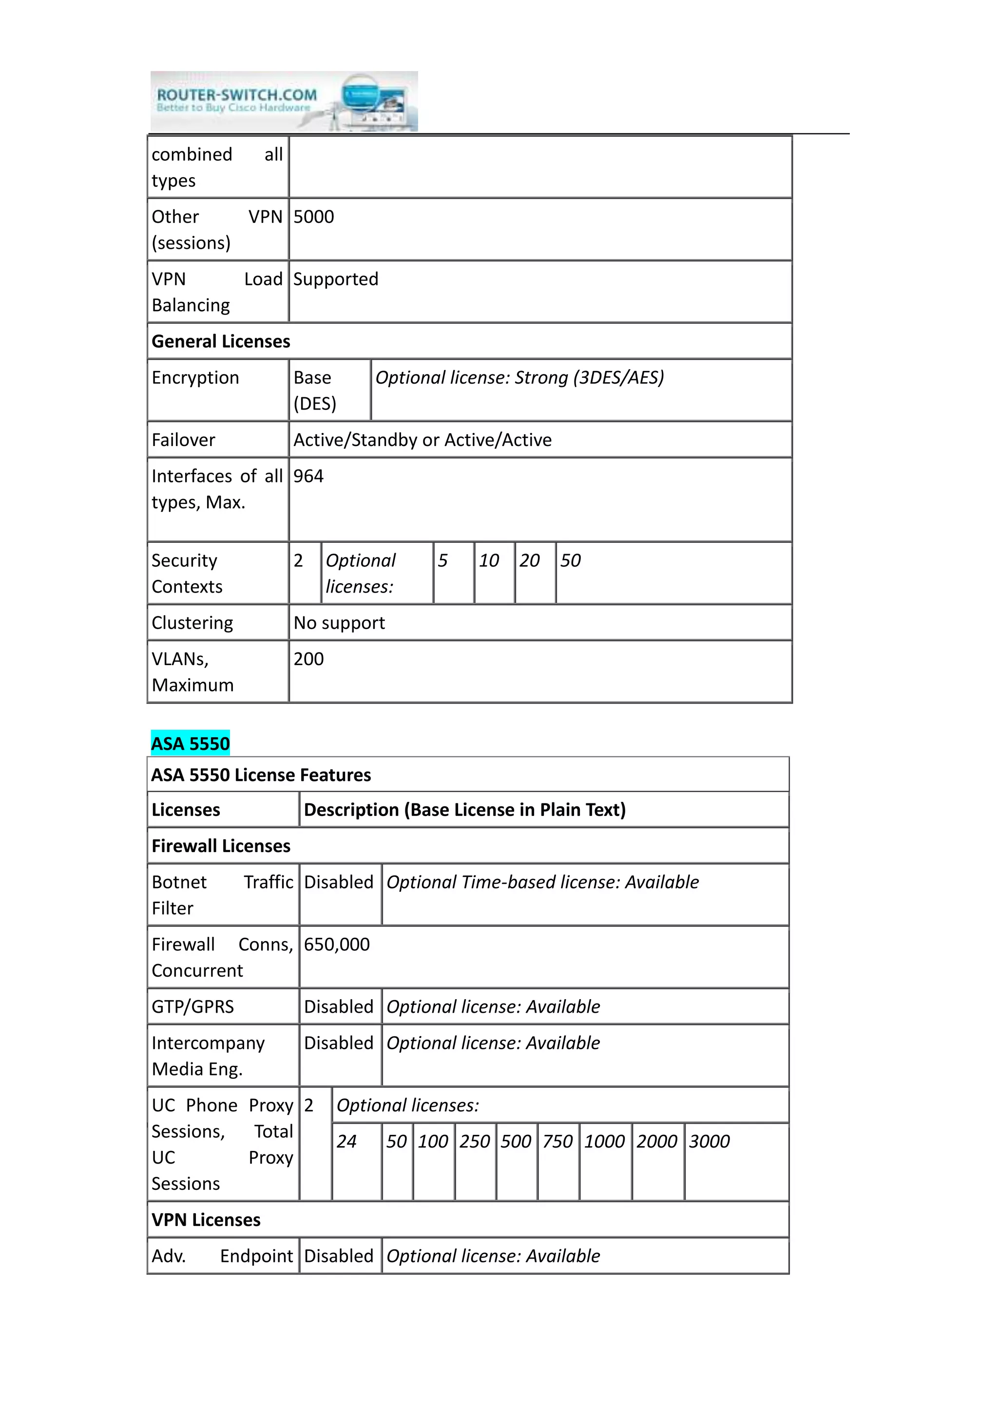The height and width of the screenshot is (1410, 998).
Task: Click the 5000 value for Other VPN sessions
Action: coord(313,217)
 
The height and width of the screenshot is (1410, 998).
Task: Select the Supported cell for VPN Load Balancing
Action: coord(336,279)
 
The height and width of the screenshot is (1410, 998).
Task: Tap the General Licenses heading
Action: coord(221,341)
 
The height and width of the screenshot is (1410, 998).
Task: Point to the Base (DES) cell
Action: coord(315,390)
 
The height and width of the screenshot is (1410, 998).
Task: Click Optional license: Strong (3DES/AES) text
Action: coord(519,378)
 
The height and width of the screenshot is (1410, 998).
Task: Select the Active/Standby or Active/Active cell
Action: coord(422,440)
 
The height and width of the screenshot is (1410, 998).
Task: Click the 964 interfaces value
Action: coord(308,477)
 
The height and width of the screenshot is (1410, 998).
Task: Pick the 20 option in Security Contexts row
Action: coord(529,561)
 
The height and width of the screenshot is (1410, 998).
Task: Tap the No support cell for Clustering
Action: coord(339,623)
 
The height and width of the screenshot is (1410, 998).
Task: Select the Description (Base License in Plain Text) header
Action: coord(464,810)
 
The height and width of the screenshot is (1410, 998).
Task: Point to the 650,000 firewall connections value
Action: coord(337,945)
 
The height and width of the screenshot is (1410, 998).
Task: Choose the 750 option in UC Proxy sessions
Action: coord(557,1142)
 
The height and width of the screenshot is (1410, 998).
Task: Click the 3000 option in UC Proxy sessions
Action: coord(709,1142)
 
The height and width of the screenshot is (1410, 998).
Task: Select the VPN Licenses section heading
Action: coord(206,1220)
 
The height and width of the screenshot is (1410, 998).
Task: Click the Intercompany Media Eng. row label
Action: coord(208,1056)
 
